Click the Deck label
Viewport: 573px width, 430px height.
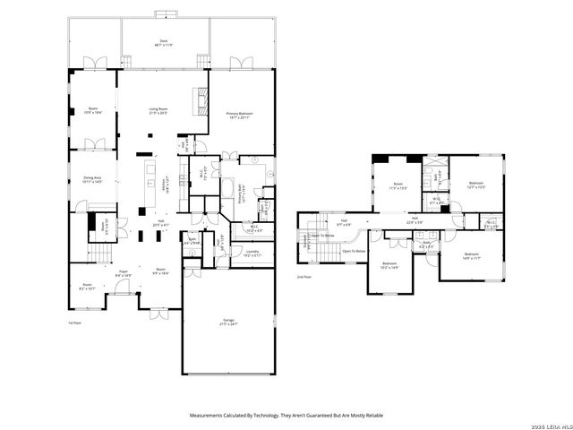(163, 42)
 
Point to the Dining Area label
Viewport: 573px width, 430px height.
(92, 180)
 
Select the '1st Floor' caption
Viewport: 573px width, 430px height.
(75, 322)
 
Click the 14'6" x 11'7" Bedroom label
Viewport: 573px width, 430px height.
(472, 257)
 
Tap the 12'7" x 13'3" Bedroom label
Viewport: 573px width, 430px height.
(475, 186)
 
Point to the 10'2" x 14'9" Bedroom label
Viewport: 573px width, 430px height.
(389, 266)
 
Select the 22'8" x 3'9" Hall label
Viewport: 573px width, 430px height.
(415, 220)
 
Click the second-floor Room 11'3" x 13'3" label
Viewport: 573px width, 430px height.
(397, 187)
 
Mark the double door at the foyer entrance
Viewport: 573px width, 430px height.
(158, 317)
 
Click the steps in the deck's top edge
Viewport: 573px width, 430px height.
(164, 13)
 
